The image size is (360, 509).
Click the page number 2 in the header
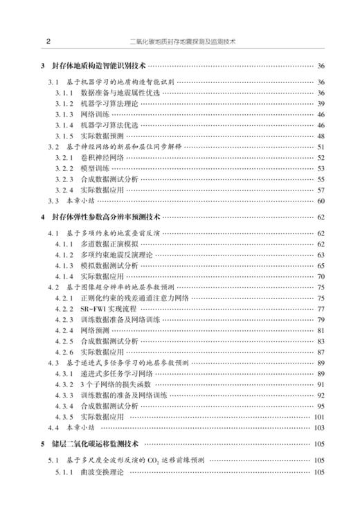pos(46,41)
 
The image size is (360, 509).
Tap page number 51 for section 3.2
pos(321,146)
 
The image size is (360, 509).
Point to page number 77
pos(321,308)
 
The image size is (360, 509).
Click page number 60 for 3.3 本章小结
pos(321,201)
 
